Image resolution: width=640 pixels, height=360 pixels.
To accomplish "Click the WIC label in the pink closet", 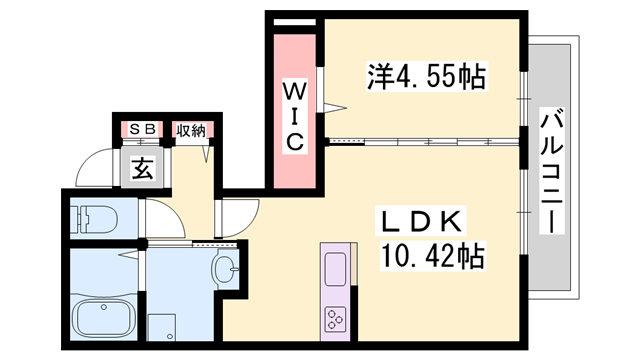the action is click(294, 117).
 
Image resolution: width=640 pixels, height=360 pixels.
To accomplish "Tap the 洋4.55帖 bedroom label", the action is click(427, 76).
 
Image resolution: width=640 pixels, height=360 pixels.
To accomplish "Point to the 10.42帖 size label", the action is click(433, 256).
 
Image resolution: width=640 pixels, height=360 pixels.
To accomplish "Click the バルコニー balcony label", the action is click(551, 171).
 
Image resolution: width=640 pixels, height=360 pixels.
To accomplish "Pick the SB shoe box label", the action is click(142, 129).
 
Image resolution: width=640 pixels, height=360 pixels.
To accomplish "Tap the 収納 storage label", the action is click(191, 131).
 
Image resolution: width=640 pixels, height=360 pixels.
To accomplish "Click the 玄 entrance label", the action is click(143, 168).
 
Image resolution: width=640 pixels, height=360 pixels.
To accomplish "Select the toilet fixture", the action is click(94, 219).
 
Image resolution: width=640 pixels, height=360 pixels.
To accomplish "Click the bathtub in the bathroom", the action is click(104, 317).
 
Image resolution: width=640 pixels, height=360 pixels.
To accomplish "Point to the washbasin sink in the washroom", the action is click(225, 268).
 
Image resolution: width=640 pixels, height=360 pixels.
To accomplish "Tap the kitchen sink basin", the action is click(336, 269).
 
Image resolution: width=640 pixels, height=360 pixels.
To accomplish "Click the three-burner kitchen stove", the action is click(336, 319).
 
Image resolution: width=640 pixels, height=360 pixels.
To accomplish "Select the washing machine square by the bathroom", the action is click(162, 327).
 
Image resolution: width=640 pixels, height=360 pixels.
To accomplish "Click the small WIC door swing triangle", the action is click(335, 108).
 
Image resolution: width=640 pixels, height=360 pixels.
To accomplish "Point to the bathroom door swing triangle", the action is click(129, 255).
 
